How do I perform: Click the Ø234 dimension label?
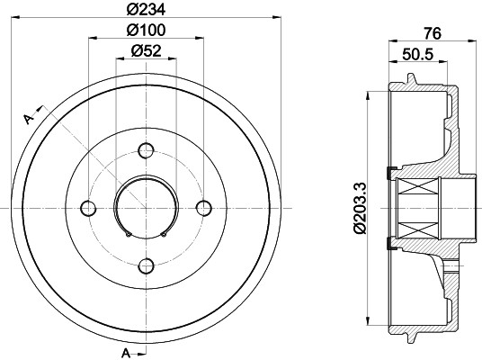tap(146, 9)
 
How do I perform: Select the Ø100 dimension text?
tap(146, 30)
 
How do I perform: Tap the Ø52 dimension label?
tap(146, 50)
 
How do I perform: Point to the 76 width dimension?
tap(433, 33)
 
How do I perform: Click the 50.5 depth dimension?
tap(418, 55)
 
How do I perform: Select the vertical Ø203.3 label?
tap(360, 208)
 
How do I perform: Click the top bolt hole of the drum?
tap(146, 150)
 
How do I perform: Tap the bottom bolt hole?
tap(146, 266)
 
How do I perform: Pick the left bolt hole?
tap(88, 208)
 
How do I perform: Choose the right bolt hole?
tap(204, 208)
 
